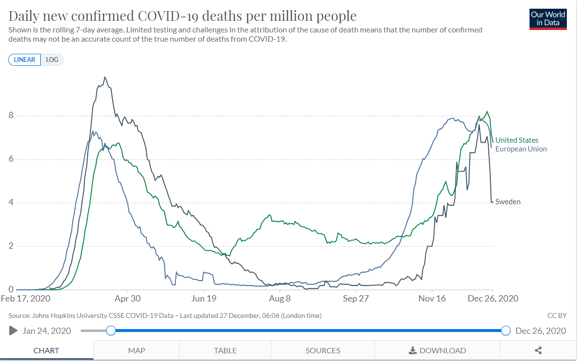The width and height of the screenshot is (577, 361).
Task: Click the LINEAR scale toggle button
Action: (x=25, y=60)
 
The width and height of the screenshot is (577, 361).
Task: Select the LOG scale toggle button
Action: (x=52, y=60)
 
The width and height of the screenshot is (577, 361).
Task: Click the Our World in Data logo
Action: (x=548, y=19)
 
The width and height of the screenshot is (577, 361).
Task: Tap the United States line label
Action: (x=516, y=140)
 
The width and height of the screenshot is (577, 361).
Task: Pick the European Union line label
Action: (x=521, y=149)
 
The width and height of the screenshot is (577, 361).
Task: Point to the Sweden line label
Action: (x=508, y=202)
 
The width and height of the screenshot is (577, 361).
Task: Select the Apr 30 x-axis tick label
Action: (x=127, y=299)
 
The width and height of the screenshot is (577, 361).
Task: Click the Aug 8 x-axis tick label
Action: (x=280, y=299)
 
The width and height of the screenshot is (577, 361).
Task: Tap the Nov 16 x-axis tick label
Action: (x=432, y=299)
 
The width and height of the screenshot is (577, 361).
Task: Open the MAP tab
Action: (x=137, y=350)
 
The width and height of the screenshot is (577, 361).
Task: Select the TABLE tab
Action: (x=225, y=350)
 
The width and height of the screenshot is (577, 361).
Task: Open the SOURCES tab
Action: (x=323, y=350)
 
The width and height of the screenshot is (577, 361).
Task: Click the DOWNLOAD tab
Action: (x=437, y=350)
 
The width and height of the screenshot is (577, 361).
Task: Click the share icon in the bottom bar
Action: (x=538, y=350)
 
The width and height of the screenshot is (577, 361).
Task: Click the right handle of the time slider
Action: (x=506, y=331)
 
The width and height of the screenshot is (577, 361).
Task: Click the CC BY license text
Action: (x=556, y=316)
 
